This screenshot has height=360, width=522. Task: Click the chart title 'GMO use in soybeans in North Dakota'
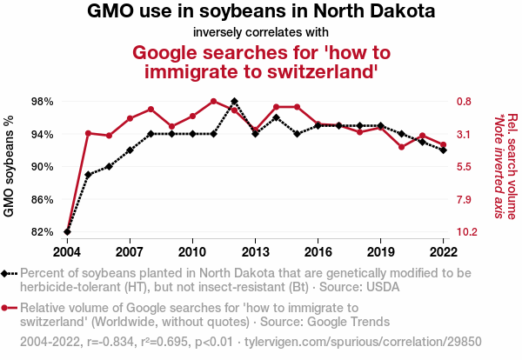[261, 13]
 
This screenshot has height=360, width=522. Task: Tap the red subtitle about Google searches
[261, 63]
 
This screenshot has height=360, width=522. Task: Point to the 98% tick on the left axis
[42, 102]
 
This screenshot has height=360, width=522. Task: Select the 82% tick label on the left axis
[42, 232]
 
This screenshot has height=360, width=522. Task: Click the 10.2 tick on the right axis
[465, 232]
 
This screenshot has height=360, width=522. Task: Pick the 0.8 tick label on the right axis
[463, 102]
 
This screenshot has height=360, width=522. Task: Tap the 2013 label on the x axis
[255, 251]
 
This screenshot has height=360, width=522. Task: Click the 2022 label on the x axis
[444, 251]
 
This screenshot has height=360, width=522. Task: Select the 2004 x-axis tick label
[67, 251]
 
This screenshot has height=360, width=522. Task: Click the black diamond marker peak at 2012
[235, 102]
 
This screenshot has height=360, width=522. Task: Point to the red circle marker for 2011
[213, 102]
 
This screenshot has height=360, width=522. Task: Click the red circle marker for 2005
[88, 133]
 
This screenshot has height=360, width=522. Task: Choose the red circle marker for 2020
[402, 147]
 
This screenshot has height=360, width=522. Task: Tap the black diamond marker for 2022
[444, 150]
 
